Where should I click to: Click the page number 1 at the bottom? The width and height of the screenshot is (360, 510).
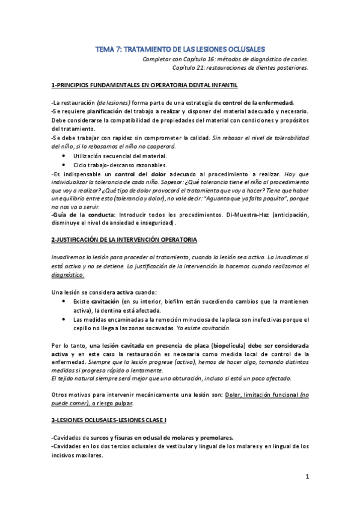(x=307, y=478)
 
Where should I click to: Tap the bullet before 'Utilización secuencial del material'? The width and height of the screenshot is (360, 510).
(x=64, y=156)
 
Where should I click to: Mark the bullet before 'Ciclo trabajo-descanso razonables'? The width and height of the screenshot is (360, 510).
(x=64, y=164)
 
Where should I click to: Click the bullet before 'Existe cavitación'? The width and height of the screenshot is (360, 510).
(x=64, y=301)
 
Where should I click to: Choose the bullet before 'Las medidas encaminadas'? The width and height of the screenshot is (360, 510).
(x=64, y=319)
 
